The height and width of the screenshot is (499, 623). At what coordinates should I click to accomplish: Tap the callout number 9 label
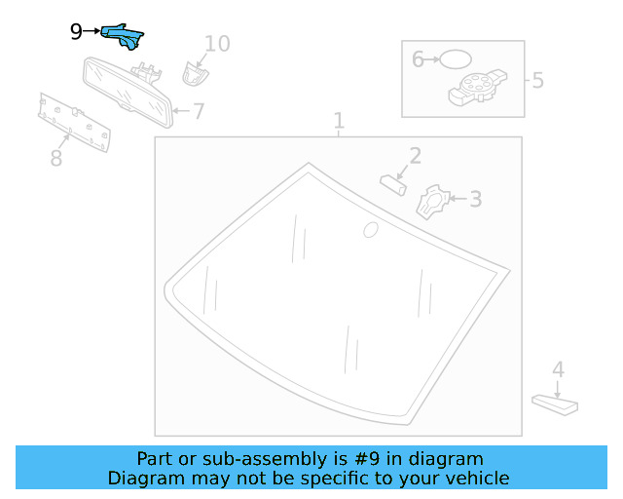click(x=76, y=32)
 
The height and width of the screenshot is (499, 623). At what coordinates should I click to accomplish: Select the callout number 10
click(x=217, y=43)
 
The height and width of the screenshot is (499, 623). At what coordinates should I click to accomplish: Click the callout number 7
click(x=199, y=111)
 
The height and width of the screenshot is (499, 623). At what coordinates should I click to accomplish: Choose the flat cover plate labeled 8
click(x=72, y=122)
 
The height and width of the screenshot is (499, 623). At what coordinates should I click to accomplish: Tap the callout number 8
click(x=56, y=158)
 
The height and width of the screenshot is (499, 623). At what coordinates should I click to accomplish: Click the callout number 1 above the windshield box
click(x=339, y=121)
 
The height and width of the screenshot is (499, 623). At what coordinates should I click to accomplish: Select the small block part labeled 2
click(x=393, y=183)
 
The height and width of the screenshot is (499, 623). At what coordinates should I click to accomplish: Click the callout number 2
click(x=415, y=156)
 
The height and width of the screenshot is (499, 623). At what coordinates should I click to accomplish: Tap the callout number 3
click(x=475, y=200)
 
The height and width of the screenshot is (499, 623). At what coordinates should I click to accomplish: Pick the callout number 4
click(x=558, y=370)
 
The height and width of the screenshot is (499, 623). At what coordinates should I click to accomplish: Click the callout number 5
click(x=537, y=80)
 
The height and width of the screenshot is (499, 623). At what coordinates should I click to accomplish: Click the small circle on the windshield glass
click(x=370, y=230)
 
